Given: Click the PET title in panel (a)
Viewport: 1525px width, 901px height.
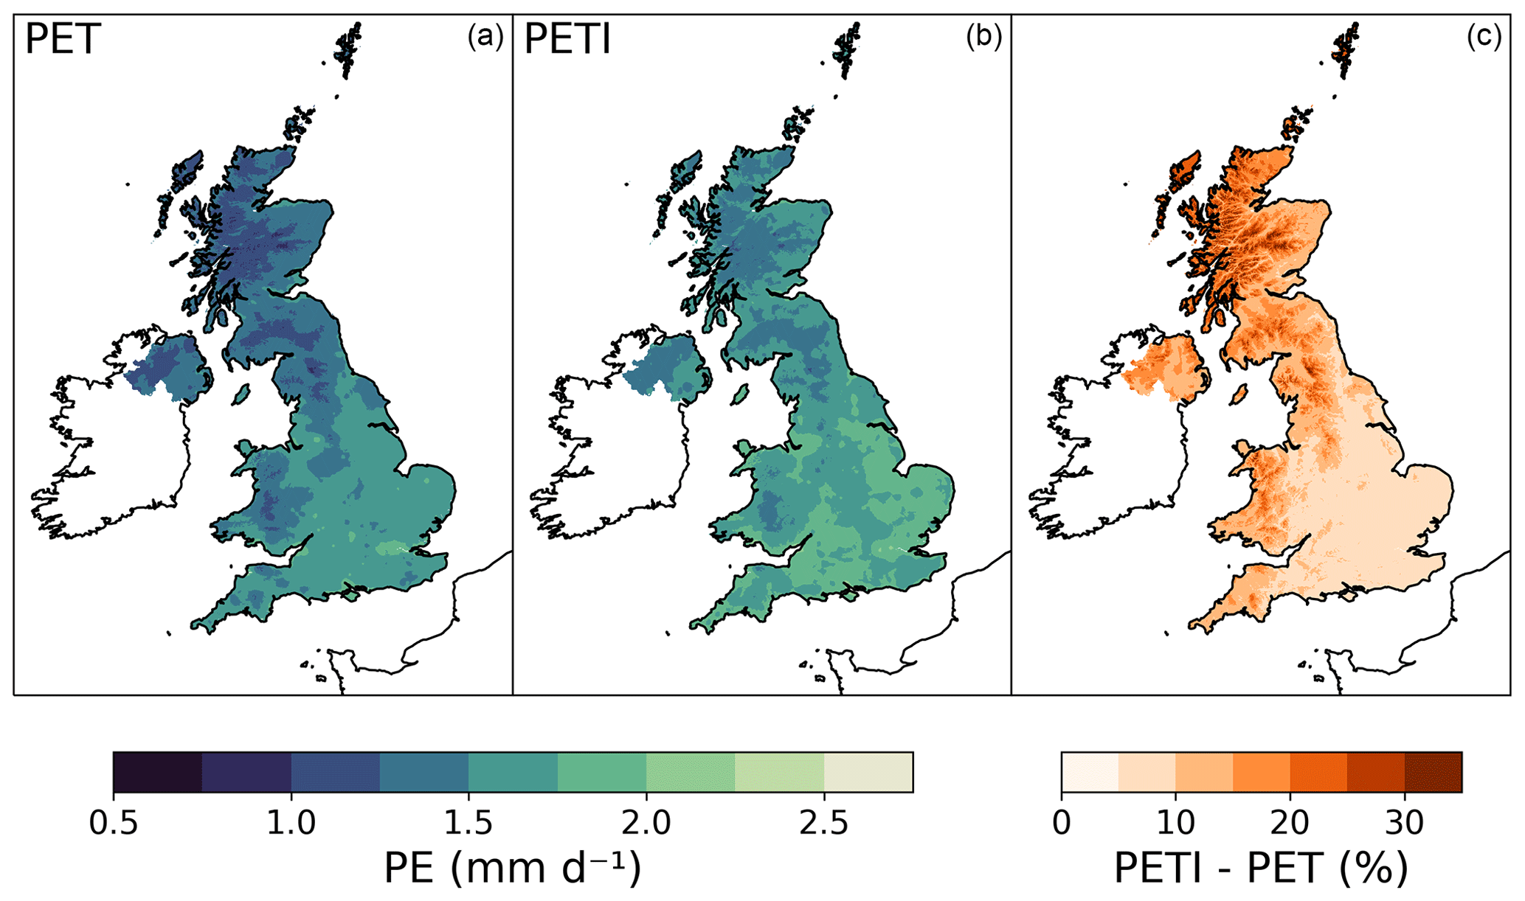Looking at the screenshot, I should pos(62,40).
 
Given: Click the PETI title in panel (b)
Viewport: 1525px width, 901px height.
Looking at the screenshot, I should pos(567,40).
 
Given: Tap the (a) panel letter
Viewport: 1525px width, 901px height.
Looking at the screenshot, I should pos(485,36).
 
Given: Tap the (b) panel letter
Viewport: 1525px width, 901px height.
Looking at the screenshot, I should pos(983,36).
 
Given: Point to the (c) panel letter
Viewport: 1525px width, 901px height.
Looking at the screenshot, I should pos(1483,36).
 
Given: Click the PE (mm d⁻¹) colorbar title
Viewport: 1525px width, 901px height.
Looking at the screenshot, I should pos(513,869).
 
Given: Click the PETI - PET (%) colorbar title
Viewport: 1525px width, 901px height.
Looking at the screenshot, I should pos(1261,869).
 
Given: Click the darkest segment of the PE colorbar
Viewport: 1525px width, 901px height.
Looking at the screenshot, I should pos(158,773).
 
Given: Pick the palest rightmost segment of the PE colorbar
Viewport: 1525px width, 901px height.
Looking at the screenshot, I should pos(868,773).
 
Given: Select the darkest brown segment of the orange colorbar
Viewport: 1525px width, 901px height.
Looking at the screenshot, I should pos(1433,773).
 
